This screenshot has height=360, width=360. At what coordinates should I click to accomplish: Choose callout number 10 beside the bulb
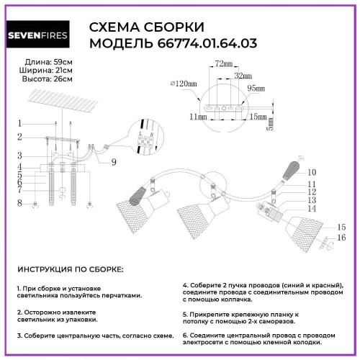(x=312, y=173)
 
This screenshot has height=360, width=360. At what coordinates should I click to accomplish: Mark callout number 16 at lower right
(x=342, y=237)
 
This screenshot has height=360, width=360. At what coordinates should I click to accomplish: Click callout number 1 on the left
(x=20, y=123)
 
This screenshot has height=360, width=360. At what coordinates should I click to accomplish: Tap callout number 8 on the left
(x=20, y=204)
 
